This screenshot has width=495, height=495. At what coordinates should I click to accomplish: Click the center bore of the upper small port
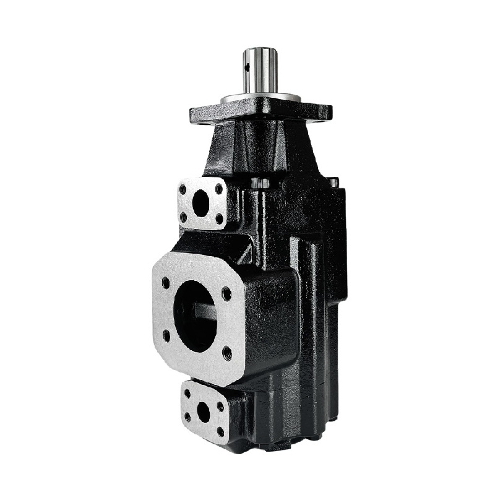(x=201, y=203)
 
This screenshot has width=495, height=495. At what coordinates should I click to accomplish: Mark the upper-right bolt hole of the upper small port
(x=218, y=187)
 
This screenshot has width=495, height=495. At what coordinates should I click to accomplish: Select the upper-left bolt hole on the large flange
(x=166, y=283)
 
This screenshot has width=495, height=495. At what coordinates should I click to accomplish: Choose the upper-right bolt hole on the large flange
(x=226, y=293)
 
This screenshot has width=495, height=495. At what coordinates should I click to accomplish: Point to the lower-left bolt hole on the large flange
(x=166, y=335)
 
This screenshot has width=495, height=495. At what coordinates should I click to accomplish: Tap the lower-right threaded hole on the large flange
(x=226, y=353)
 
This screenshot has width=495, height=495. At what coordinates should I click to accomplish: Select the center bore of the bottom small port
(x=203, y=411)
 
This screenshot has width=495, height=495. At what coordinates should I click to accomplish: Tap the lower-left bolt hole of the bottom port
(x=188, y=418)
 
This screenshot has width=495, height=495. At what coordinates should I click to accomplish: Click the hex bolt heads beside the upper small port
(x=260, y=183)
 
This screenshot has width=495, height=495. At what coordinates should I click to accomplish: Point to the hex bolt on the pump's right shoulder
(x=333, y=182)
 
